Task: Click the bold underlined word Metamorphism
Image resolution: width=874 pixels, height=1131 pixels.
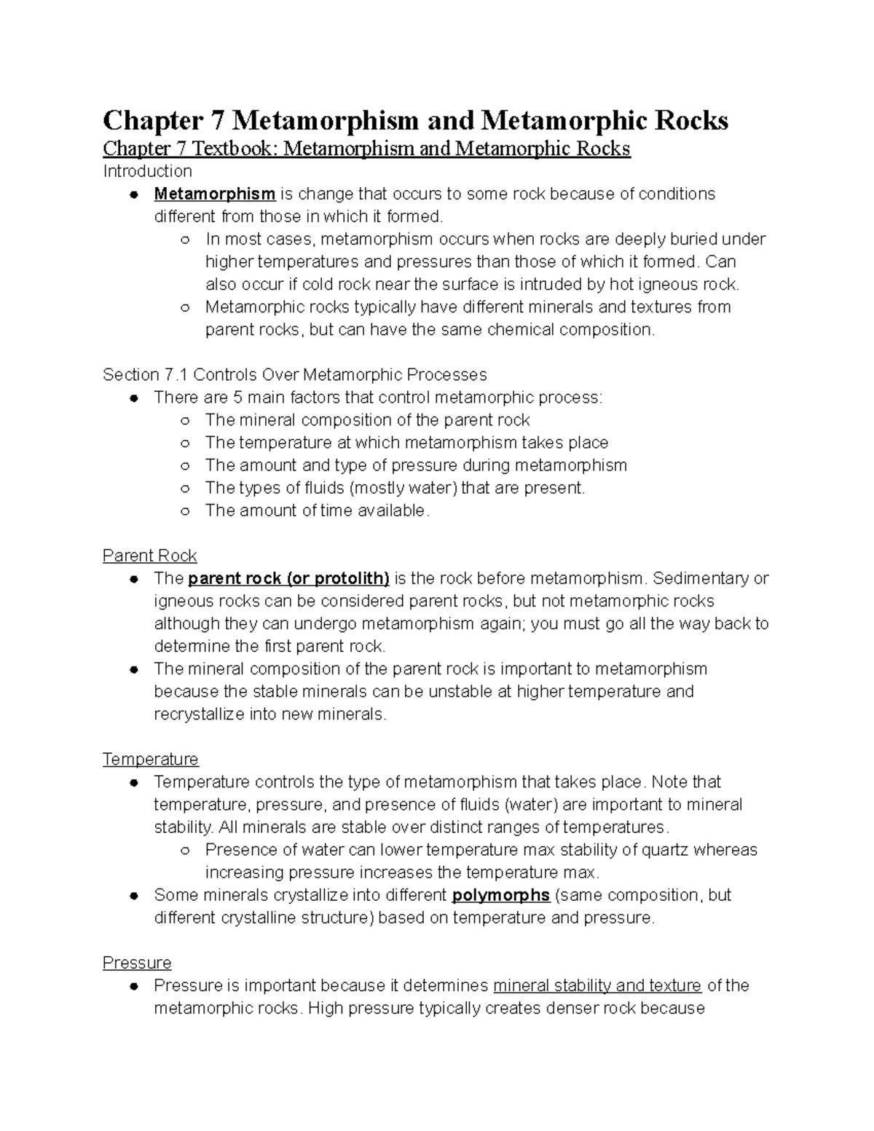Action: (x=214, y=194)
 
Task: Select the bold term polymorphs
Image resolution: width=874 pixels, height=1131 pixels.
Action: (x=500, y=895)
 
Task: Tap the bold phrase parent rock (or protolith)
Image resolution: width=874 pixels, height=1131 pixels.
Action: (x=288, y=578)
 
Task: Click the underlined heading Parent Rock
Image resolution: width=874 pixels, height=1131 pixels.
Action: (x=149, y=556)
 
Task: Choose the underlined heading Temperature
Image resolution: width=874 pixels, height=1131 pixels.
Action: (x=150, y=759)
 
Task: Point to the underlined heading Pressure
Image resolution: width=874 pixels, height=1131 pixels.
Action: (x=137, y=963)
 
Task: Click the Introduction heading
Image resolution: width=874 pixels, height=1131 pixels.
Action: (x=147, y=171)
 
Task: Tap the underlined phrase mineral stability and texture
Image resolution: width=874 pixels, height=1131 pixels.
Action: (x=597, y=985)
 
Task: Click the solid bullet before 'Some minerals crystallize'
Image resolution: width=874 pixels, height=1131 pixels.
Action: (x=133, y=896)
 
